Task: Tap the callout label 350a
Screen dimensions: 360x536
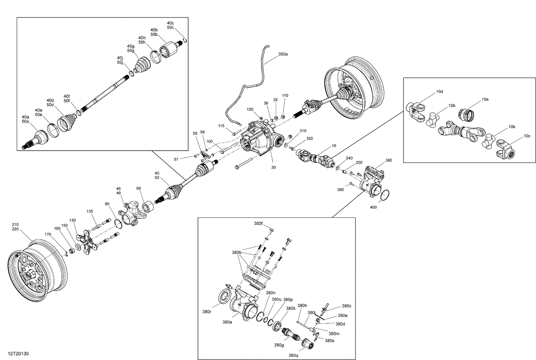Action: pos(283,54)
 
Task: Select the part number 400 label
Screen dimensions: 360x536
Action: pos(373,207)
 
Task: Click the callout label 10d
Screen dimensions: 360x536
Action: pos(439,91)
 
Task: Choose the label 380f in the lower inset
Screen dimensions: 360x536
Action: pos(258,224)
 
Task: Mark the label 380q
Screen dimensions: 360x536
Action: pos(293,355)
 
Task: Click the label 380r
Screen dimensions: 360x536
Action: pos(207,311)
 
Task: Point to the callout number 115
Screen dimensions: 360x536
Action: pos(221,126)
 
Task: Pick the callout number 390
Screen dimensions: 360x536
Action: pos(341,190)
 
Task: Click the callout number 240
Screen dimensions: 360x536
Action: pos(349,158)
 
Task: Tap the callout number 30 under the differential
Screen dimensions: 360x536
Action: pos(273,167)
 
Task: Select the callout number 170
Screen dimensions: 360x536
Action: pos(48,234)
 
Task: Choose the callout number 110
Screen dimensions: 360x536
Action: pos(285,95)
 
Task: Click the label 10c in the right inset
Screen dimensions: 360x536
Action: pos(527,136)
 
